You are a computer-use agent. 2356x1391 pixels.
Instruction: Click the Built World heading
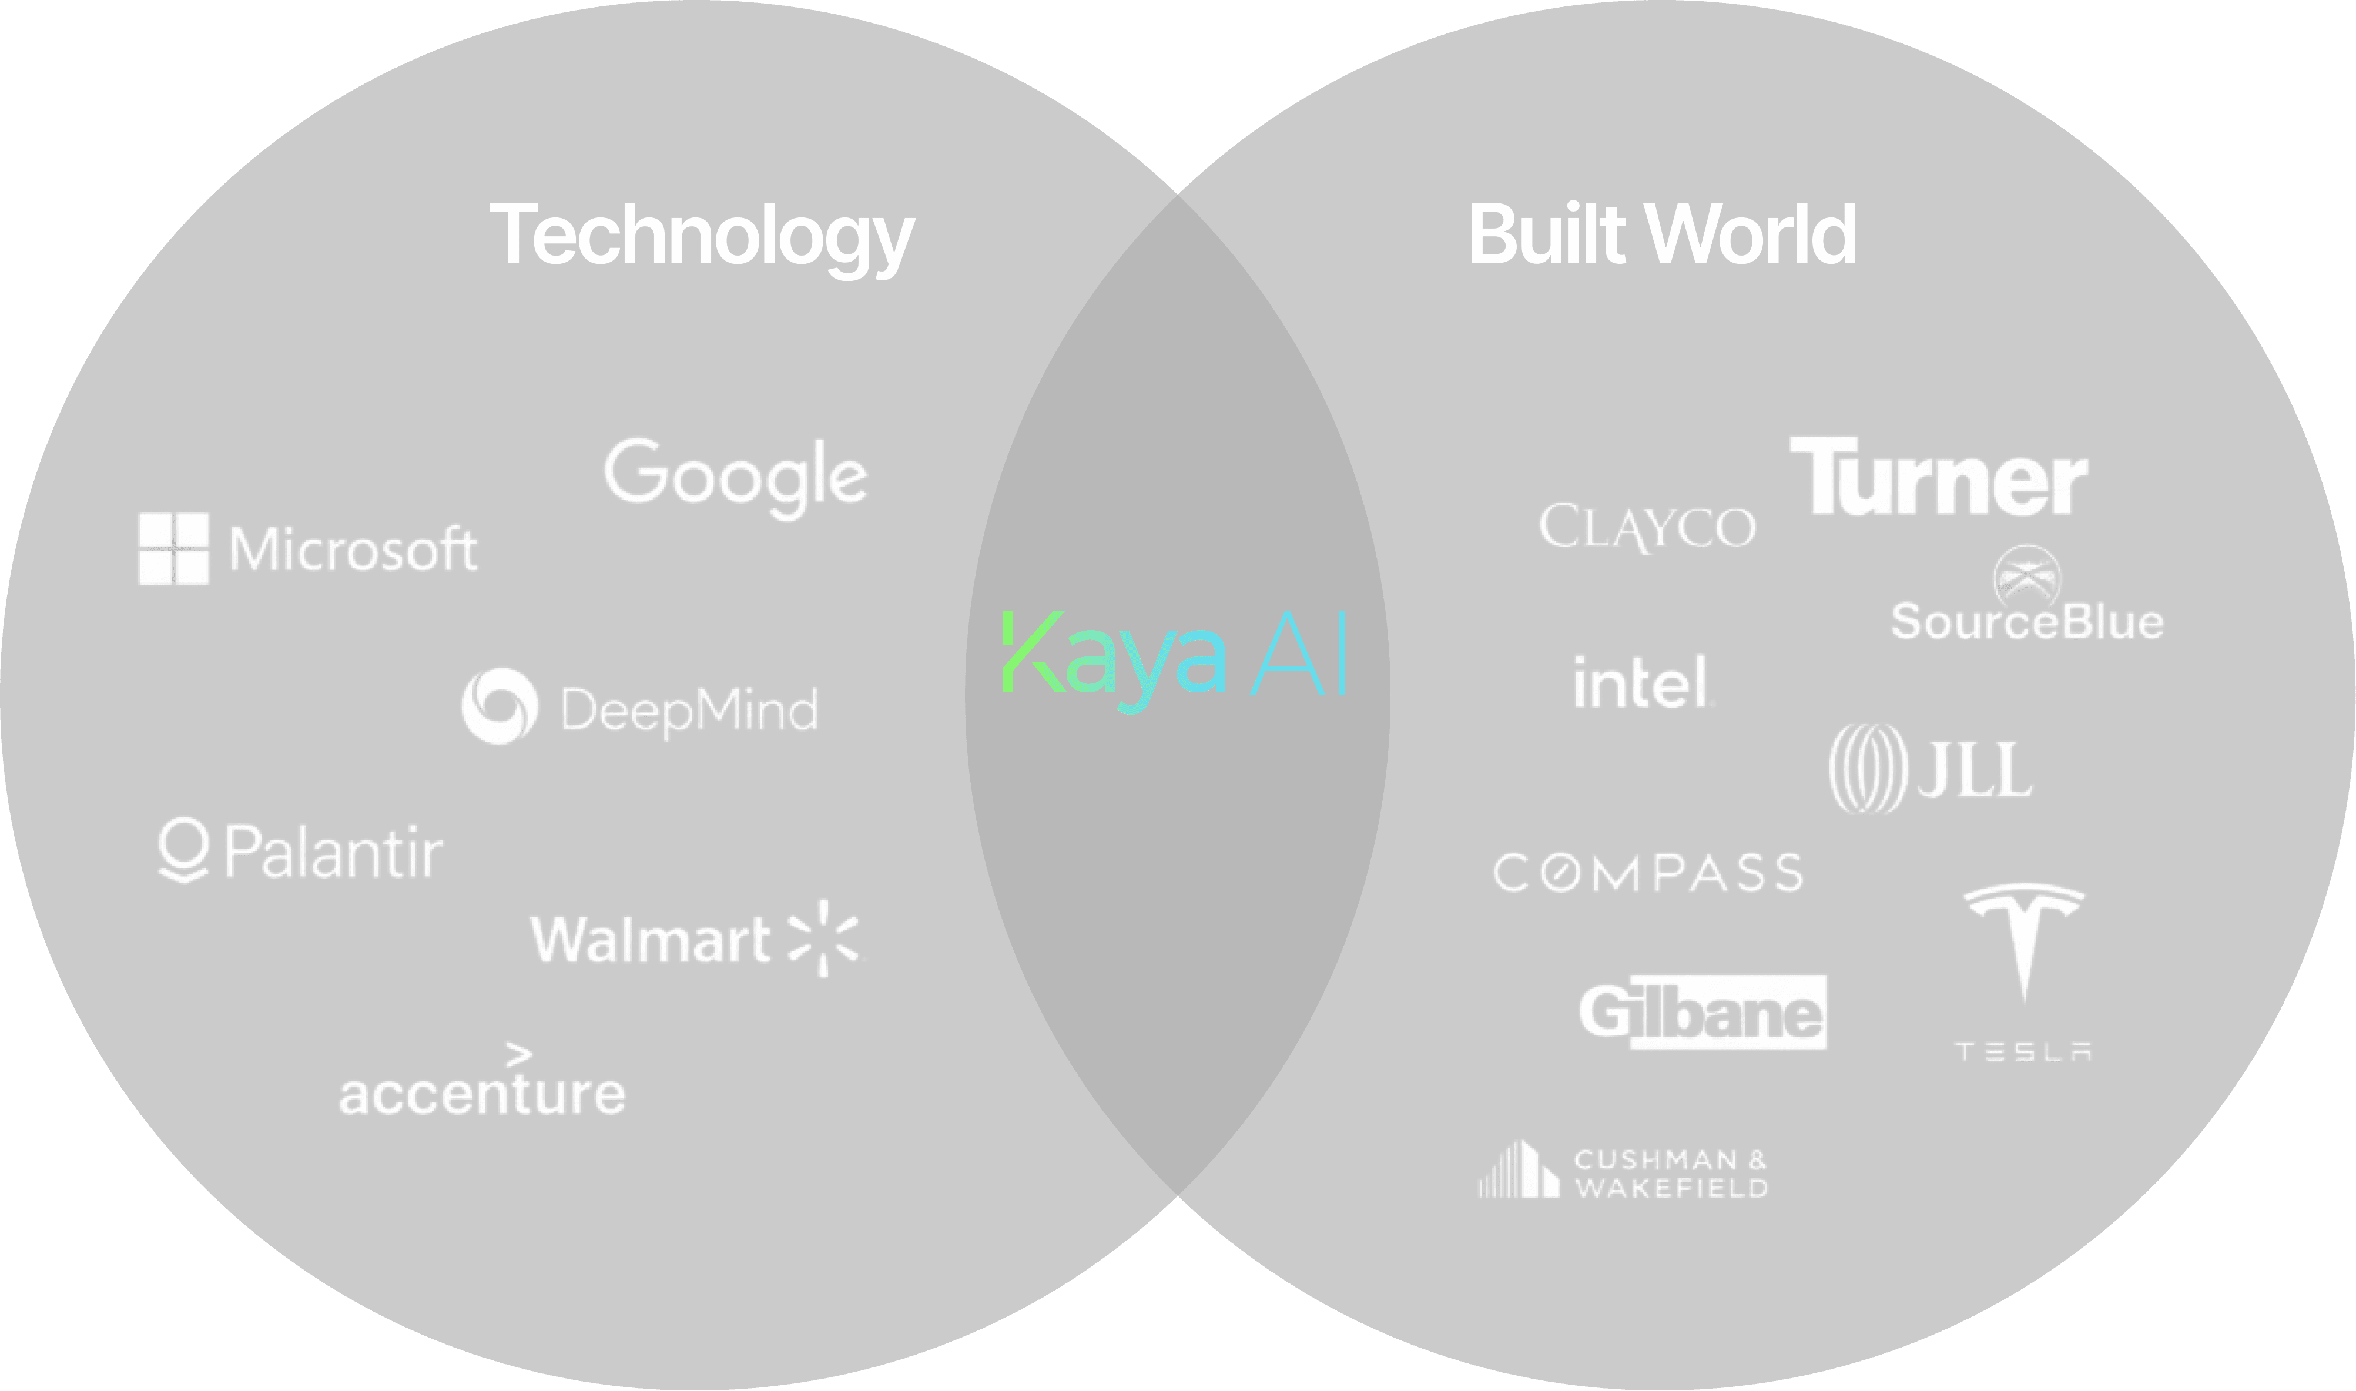pos(1661,234)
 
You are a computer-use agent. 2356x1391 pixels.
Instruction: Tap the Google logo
pos(736,476)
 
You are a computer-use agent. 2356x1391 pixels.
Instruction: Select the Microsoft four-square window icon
pos(173,548)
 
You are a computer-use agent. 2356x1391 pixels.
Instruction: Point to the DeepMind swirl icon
pos(500,706)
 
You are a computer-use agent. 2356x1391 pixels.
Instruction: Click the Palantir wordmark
pos(333,852)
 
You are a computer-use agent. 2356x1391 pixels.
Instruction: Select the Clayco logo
pos(1647,527)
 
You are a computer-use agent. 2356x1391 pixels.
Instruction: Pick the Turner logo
pos(1938,477)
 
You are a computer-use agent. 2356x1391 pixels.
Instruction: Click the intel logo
pos(1643,682)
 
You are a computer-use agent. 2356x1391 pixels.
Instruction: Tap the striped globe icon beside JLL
pos(1867,769)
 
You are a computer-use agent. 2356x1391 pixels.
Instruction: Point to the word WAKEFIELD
pos(1671,1188)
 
